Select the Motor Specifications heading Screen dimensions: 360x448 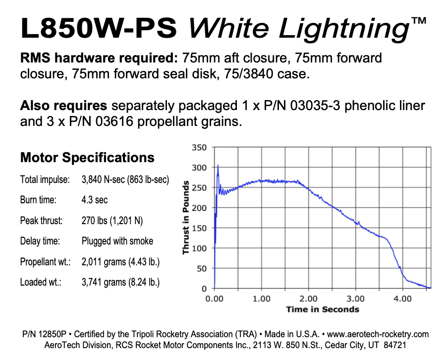(87, 158)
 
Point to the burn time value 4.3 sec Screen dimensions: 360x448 (95, 200)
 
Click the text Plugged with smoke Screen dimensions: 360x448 (117, 241)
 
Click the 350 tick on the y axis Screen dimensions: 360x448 (199, 148)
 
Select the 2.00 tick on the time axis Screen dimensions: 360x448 (308, 299)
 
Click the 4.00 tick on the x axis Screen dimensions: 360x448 (402, 299)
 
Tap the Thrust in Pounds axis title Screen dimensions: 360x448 (186, 218)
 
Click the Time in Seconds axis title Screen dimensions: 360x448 (322, 309)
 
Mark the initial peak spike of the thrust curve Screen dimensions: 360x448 (218, 166)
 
